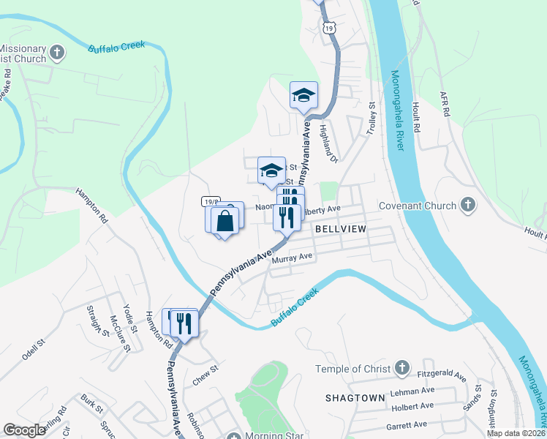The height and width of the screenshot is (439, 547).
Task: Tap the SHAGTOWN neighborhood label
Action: click(355, 397)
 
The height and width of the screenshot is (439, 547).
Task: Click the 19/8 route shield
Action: click(211, 200)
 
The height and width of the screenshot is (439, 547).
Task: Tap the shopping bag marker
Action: click(225, 220)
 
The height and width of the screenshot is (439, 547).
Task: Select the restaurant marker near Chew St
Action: click(184, 323)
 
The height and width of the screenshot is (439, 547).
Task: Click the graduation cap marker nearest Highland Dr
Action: click(303, 95)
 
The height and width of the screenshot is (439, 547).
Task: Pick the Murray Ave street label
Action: click(292, 258)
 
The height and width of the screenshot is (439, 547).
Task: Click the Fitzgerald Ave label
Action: click(442, 375)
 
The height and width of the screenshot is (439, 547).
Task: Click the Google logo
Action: click(24, 430)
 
